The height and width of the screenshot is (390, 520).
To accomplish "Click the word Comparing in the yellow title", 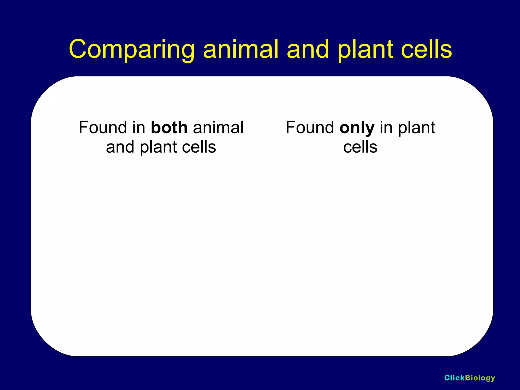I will click(132, 50).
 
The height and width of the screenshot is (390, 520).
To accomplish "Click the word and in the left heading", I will click(120, 147).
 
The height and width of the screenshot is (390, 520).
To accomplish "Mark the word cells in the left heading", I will click(199, 147).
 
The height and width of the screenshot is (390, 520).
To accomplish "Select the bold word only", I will click(357, 128).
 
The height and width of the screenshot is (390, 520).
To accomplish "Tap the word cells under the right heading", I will click(360, 147).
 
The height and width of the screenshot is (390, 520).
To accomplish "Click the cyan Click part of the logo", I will click(454, 378).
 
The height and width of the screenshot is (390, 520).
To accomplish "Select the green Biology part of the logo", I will click(480, 378).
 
